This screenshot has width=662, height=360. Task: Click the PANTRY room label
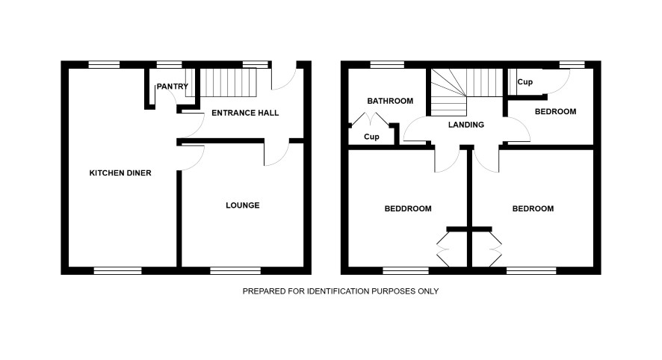coord(173,87)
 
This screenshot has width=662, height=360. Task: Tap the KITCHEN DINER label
coord(120,173)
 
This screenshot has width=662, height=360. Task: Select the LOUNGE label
coord(243,205)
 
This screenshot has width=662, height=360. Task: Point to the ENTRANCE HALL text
coord(245,113)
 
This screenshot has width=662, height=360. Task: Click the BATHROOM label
coord(390,102)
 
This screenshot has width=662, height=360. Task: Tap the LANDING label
coord(466,125)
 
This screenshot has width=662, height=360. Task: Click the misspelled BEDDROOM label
coord(408,209)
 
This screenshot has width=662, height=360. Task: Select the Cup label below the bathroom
coord(371,137)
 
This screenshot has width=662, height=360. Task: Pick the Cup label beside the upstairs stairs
coord(525,82)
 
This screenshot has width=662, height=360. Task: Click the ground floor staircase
coord(221,83)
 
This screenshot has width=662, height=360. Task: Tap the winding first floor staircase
coord(466,92)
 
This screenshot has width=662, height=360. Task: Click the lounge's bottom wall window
coord(235,271)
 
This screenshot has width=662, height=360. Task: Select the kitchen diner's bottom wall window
coord(117,271)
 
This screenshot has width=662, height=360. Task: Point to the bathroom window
coord(387,64)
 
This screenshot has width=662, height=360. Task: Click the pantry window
coord(169,64)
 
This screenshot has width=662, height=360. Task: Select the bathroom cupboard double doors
coord(371,119)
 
